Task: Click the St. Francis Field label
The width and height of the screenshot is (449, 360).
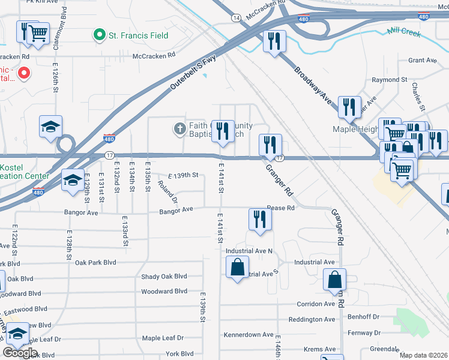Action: (x=138, y=35)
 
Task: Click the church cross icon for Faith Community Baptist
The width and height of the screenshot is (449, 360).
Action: (x=179, y=128)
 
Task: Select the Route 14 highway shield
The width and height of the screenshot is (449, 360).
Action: (x=237, y=19)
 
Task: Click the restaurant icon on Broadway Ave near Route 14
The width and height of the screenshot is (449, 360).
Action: (x=274, y=41)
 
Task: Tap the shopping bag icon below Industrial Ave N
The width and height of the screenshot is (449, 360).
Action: (x=237, y=267)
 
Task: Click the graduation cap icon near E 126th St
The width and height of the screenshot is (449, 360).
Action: (x=51, y=127)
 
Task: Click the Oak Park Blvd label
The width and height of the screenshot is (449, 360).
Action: (x=95, y=262)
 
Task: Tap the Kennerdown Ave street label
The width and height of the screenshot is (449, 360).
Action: (x=249, y=334)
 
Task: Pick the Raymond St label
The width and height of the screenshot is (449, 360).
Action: (x=389, y=79)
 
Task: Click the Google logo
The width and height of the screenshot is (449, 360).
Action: (x=20, y=353)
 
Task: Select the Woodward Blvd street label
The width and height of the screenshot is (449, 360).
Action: (x=164, y=292)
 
